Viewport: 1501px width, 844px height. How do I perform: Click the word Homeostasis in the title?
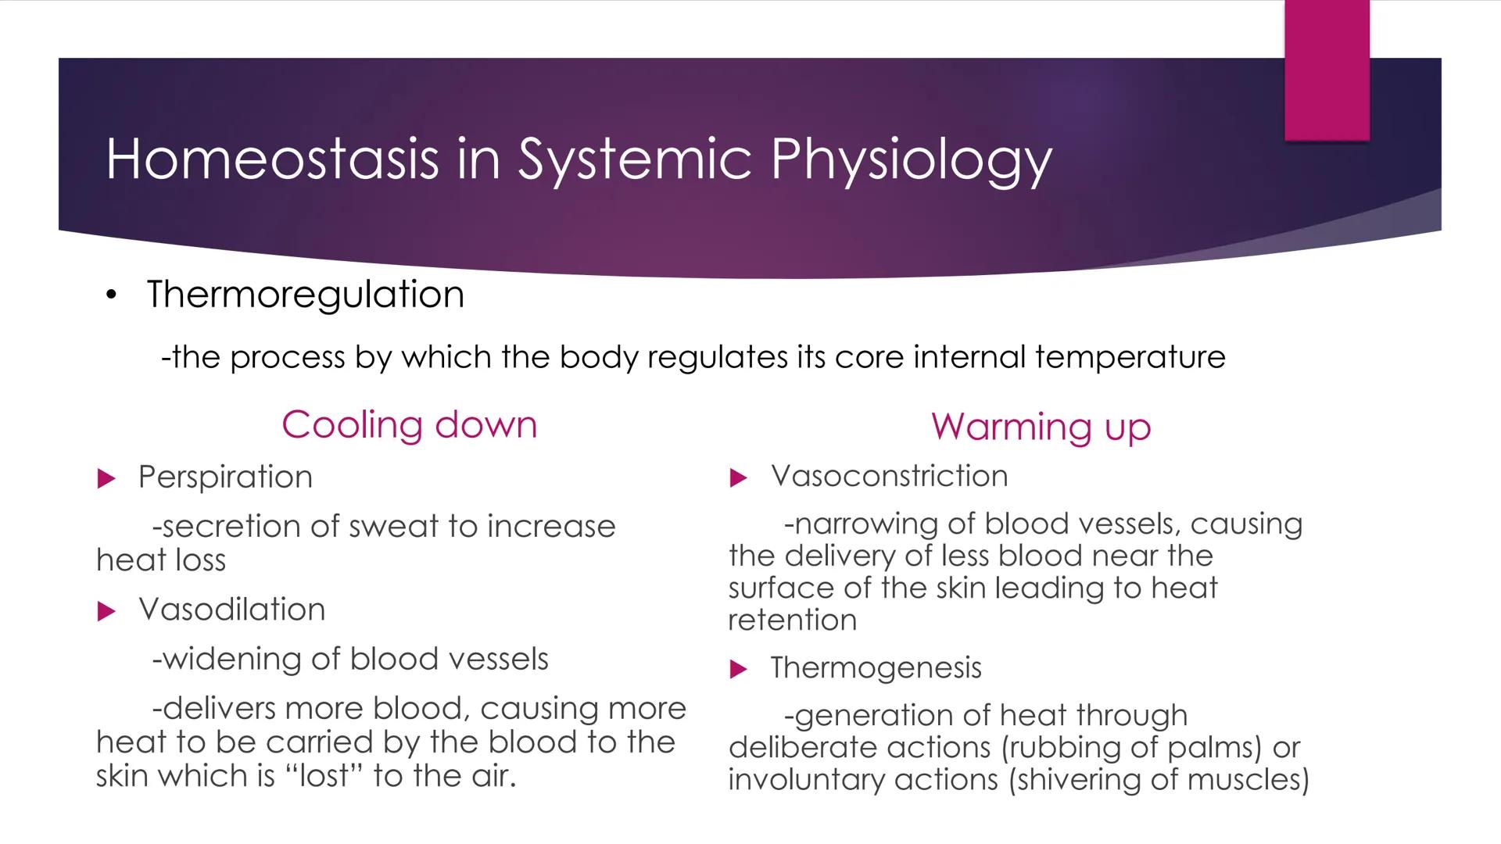coord(271,159)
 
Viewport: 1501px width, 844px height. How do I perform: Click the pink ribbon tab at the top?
coord(1327,70)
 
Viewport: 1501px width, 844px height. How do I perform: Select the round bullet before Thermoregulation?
coord(112,295)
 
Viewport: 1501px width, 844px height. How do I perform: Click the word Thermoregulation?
coord(305,295)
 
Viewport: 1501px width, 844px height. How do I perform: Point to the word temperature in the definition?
coord(1130,357)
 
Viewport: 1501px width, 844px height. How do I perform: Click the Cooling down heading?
coord(409,425)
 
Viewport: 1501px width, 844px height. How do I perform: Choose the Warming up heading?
coord(1041,427)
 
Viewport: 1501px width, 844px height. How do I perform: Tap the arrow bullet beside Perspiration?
coord(106,478)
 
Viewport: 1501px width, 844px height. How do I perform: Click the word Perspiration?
coord(225,477)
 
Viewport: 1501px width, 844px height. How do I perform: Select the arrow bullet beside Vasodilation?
coord(106,611)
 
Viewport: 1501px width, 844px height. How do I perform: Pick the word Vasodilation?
coord(231,610)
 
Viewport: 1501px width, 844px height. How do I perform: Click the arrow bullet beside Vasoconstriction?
coord(738,477)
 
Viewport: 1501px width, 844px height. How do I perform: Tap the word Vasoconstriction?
coord(889,476)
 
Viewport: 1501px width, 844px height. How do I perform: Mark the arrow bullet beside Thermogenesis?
coord(738,669)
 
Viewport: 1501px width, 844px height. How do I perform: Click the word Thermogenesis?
coord(876,668)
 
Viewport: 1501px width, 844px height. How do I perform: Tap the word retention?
coord(792,620)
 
